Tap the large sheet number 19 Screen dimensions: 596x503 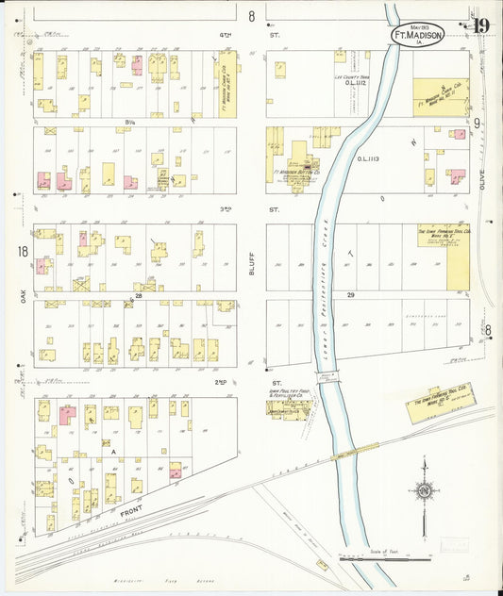(x=481, y=25)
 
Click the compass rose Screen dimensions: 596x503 (x=424, y=490)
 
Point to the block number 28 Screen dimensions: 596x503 (x=138, y=296)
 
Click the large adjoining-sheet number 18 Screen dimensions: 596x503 (x=21, y=252)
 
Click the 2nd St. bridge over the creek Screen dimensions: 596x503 (x=327, y=377)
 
